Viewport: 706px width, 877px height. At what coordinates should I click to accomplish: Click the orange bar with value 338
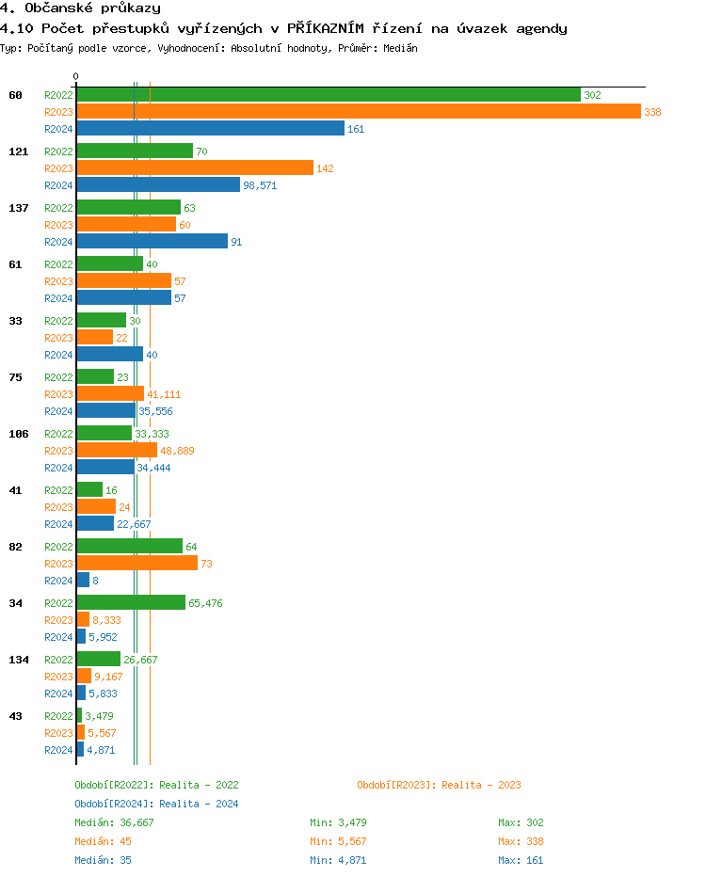[358, 112]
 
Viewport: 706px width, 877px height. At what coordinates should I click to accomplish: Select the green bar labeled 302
[328, 95]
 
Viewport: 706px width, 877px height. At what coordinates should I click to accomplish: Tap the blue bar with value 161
[210, 129]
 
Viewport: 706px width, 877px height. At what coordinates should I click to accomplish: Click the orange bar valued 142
[194, 168]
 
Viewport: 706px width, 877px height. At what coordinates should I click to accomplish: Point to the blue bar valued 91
[152, 242]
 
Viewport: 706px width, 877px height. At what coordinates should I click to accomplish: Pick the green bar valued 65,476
[131, 603]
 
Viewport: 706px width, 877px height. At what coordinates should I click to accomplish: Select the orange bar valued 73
[136, 564]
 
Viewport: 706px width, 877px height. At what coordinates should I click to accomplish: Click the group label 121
[19, 151]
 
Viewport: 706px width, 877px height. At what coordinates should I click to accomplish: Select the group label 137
[19, 208]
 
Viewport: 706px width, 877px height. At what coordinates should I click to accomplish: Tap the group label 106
[19, 434]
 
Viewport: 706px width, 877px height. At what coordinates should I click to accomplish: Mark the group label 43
[16, 716]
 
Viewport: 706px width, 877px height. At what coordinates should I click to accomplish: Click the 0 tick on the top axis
[76, 77]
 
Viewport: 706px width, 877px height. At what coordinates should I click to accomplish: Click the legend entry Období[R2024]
[114, 804]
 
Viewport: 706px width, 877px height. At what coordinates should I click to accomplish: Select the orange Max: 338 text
[521, 841]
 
